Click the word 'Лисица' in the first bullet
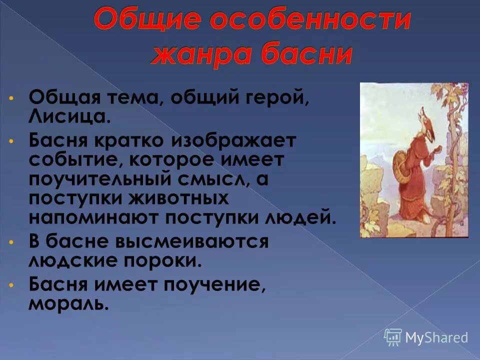click(x=66, y=118)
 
